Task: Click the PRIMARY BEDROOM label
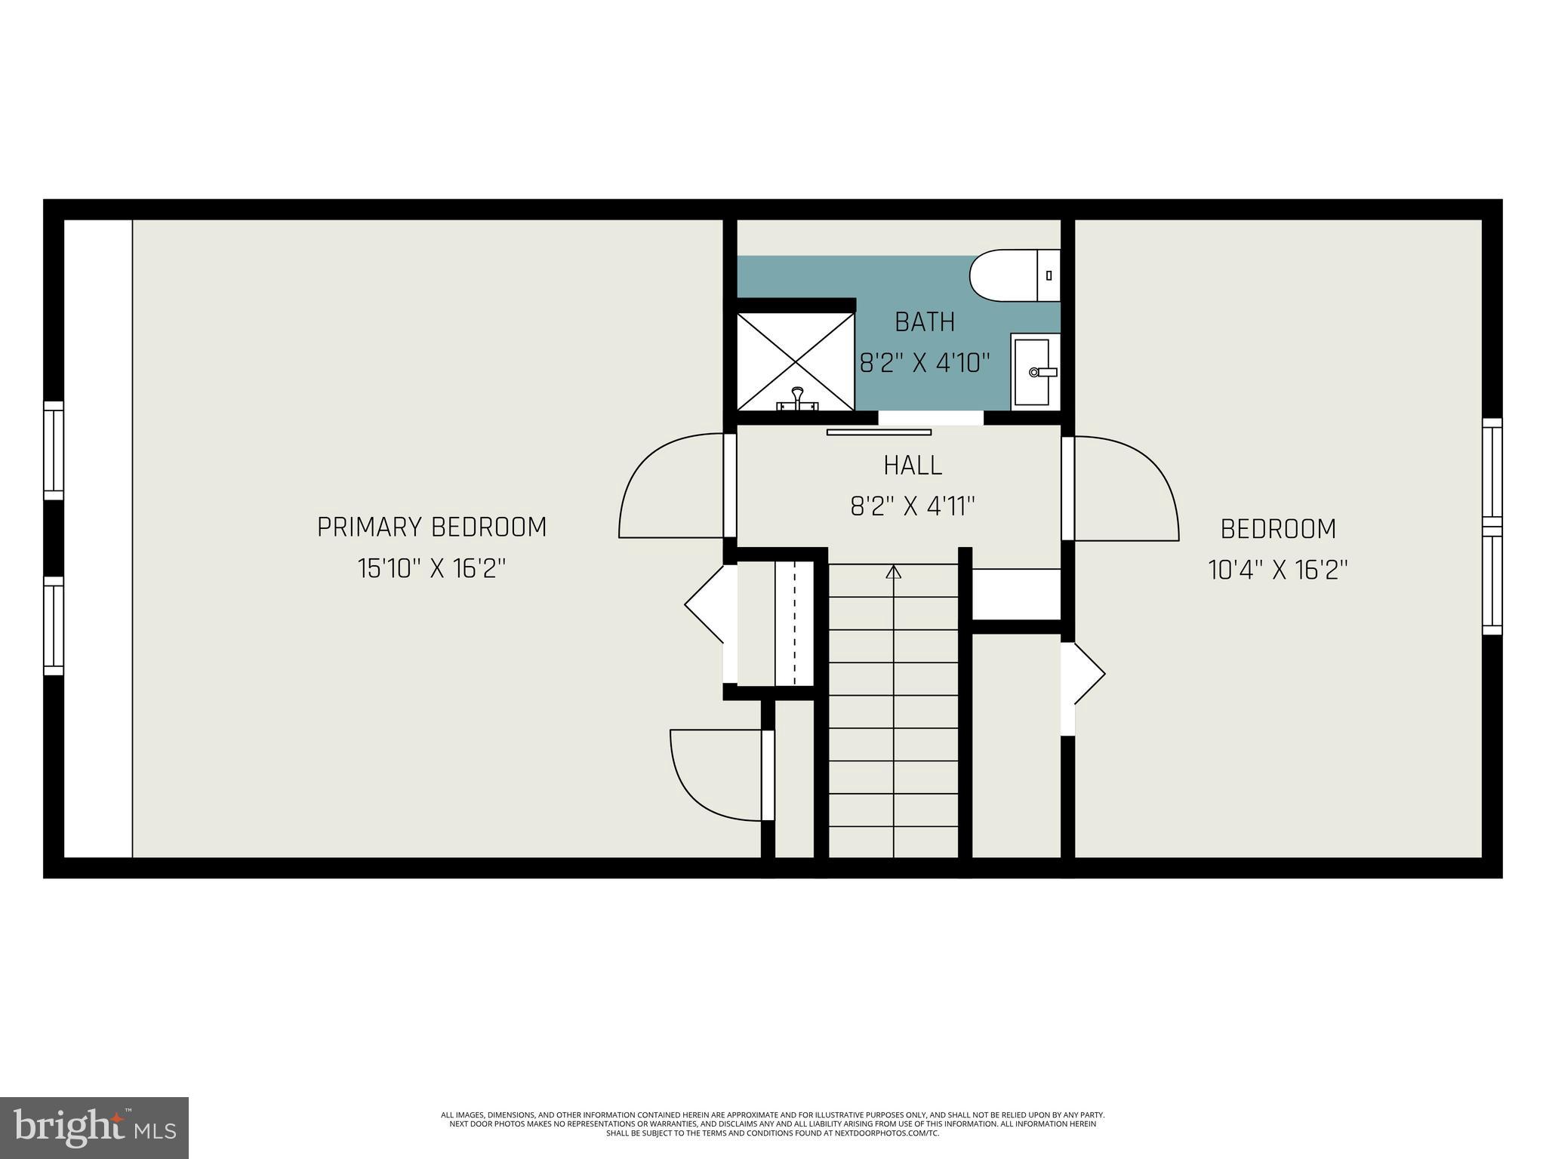point(432,527)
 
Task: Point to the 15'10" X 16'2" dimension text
point(432,568)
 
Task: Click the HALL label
point(913,466)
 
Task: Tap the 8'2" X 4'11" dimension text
point(913,506)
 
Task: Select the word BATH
point(925,322)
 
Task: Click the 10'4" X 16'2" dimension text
point(1278,569)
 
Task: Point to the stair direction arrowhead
point(893,571)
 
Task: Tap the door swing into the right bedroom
point(1126,489)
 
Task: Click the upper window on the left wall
point(54,450)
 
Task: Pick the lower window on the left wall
point(54,626)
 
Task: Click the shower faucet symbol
point(796,398)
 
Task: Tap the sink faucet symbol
point(1043,372)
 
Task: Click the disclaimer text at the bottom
point(772,1123)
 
